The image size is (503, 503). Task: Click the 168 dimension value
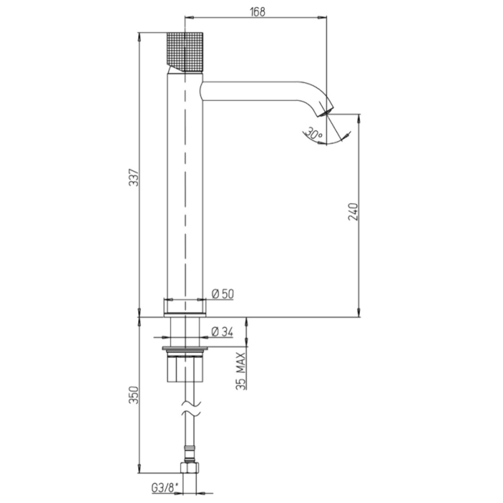[257, 11]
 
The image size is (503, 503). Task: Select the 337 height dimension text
[134, 178]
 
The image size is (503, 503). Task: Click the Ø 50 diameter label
[223, 294]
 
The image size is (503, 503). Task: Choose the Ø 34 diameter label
[222, 332]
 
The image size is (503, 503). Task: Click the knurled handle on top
[185, 53]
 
